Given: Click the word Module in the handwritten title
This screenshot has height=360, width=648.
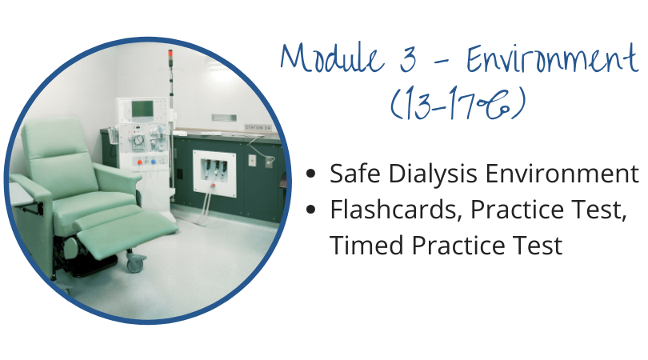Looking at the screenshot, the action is [333, 57].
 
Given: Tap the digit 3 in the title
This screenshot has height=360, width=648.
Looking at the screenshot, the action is [408, 58].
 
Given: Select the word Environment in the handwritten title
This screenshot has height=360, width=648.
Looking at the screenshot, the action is [552, 58].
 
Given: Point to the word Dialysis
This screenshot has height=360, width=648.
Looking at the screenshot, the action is [433, 173].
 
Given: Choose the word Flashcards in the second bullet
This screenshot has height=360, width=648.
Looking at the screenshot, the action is [395, 209].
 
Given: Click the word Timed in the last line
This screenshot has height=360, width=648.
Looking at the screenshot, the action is [366, 245].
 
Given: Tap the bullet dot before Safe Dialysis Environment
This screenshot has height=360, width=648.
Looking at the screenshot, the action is [310, 174].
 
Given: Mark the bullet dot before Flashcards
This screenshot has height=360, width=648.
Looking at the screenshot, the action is [310, 210].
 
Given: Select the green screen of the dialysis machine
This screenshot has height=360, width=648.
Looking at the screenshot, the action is [142, 109].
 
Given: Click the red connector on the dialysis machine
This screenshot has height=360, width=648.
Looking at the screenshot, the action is [140, 162].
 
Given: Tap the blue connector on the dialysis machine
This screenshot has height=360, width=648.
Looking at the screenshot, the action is [154, 162].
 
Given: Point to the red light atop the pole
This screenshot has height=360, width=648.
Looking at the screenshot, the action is [170, 55].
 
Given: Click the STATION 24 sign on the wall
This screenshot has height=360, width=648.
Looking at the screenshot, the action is [258, 128].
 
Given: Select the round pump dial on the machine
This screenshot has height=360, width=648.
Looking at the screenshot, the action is [138, 142].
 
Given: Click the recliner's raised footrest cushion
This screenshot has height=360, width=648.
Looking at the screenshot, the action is [127, 232].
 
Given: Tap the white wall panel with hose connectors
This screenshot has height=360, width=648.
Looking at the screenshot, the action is [214, 174].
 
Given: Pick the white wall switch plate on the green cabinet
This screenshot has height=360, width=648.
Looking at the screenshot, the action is [252, 160].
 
